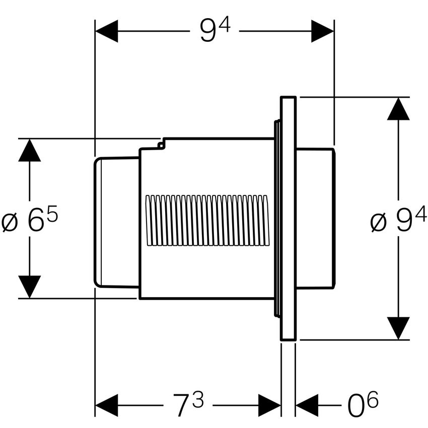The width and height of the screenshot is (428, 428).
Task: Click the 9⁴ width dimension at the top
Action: [215, 31]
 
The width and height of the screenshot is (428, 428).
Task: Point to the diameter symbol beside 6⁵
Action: [10, 223]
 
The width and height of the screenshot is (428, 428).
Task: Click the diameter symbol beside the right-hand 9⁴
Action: [379, 223]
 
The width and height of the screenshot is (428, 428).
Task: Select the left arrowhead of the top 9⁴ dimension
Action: [106, 31]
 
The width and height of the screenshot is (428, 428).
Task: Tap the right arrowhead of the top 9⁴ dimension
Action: [323, 31]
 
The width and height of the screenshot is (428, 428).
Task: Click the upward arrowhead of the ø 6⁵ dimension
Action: [29, 150]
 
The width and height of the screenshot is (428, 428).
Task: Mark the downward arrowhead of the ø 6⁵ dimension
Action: [29, 287]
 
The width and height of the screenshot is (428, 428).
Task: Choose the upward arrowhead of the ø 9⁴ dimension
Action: [398, 109]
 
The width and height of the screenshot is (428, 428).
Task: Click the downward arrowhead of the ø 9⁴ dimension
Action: [398, 328]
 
